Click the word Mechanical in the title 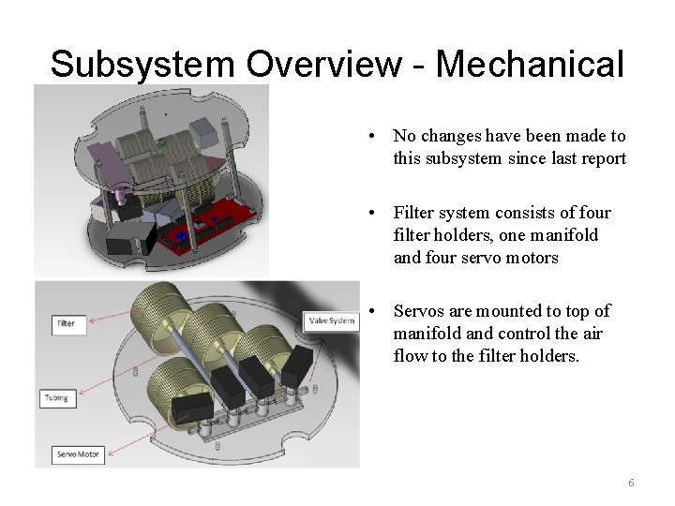(x=530, y=64)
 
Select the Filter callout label (x=66, y=323)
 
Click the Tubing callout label (x=57, y=397)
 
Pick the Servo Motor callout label (x=78, y=454)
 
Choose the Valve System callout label (x=332, y=321)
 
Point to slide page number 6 (x=631, y=483)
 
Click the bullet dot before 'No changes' (x=374, y=137)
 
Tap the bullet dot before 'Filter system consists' (x=374, y=214)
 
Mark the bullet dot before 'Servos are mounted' (x=374, y=311)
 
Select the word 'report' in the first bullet (x=602, y=158)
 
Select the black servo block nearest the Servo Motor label (x=192, y=407)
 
